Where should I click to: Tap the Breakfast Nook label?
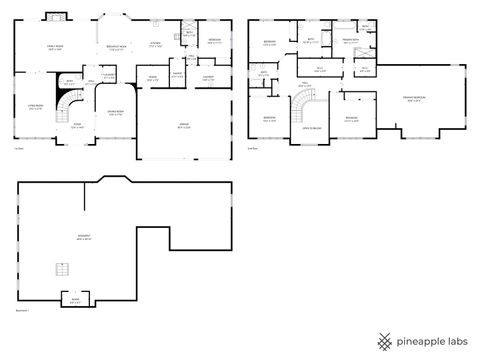pos(115,47)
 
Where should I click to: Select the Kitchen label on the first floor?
pos(155,43)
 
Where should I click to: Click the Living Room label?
pos(34,107)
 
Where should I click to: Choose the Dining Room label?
pos(115,111)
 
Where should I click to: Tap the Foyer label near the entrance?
pos(76,125)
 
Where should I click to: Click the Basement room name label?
pos(85,238)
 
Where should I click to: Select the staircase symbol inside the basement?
pos(62,267)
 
